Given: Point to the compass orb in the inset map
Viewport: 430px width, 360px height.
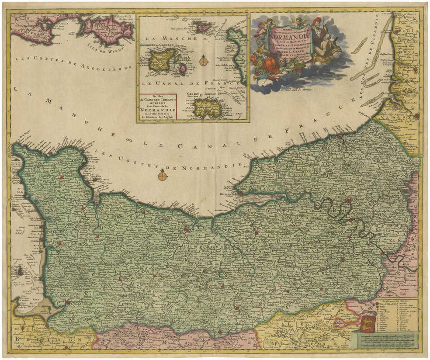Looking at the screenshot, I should [204, 61].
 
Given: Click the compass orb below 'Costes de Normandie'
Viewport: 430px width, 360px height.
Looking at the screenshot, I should [162, 175].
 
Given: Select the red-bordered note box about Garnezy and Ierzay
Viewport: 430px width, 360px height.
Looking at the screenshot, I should [157, 107].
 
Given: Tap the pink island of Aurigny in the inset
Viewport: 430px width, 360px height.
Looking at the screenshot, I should [204, 28].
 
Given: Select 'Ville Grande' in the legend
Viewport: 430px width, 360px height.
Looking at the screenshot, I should [389, 305].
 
